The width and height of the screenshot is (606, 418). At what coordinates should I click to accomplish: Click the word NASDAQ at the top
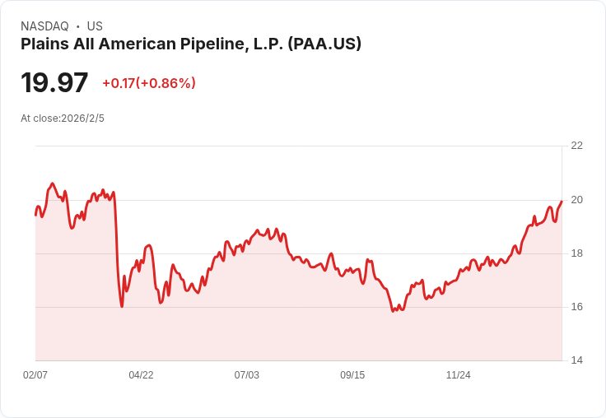click(x=44, y=26)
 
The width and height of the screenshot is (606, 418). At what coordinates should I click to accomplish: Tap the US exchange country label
click(x=95, y=26)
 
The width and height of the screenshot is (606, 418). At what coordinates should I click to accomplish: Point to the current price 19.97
click(x=54, y=83)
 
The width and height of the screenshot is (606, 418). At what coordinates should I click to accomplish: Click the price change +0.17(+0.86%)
click(x=149, y=83)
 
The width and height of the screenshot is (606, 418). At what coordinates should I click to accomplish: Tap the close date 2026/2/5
click(x=83, y=118)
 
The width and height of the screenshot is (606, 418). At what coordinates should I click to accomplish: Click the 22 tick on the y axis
click(x=576, y=146)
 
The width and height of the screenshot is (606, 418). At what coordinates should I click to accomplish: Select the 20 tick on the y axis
click(x=576, y=199)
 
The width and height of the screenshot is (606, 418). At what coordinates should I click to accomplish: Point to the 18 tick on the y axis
click(x=576, y=253)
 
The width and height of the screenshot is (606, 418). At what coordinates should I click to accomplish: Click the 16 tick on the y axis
click(x=576, y=307)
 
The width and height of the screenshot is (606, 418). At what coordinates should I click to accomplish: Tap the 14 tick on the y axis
click(x=576, y=360)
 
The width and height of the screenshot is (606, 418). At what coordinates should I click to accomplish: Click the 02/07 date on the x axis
click(x=35, y=375)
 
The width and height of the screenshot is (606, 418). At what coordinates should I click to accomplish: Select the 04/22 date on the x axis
click(x=141, y=375)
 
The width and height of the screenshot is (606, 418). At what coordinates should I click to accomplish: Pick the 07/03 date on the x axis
click(x=247, y=375)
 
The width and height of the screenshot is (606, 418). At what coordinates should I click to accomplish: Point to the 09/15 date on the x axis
click(x=352, y=375)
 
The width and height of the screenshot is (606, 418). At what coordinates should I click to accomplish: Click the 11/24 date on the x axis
click(x=459, y=375)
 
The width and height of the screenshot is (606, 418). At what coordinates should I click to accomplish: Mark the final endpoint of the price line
click(x=562, y=201)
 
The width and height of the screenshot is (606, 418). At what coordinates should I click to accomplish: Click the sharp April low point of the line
click(x=122, y=306)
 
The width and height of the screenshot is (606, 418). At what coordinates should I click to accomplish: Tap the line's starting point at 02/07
click(x=35, y=214)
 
